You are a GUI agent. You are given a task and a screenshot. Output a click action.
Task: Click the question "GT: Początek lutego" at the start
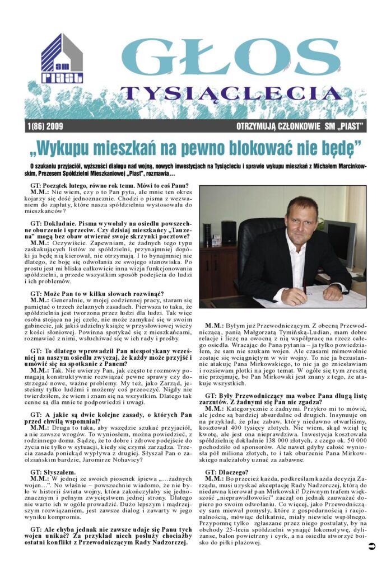point(109,186)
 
